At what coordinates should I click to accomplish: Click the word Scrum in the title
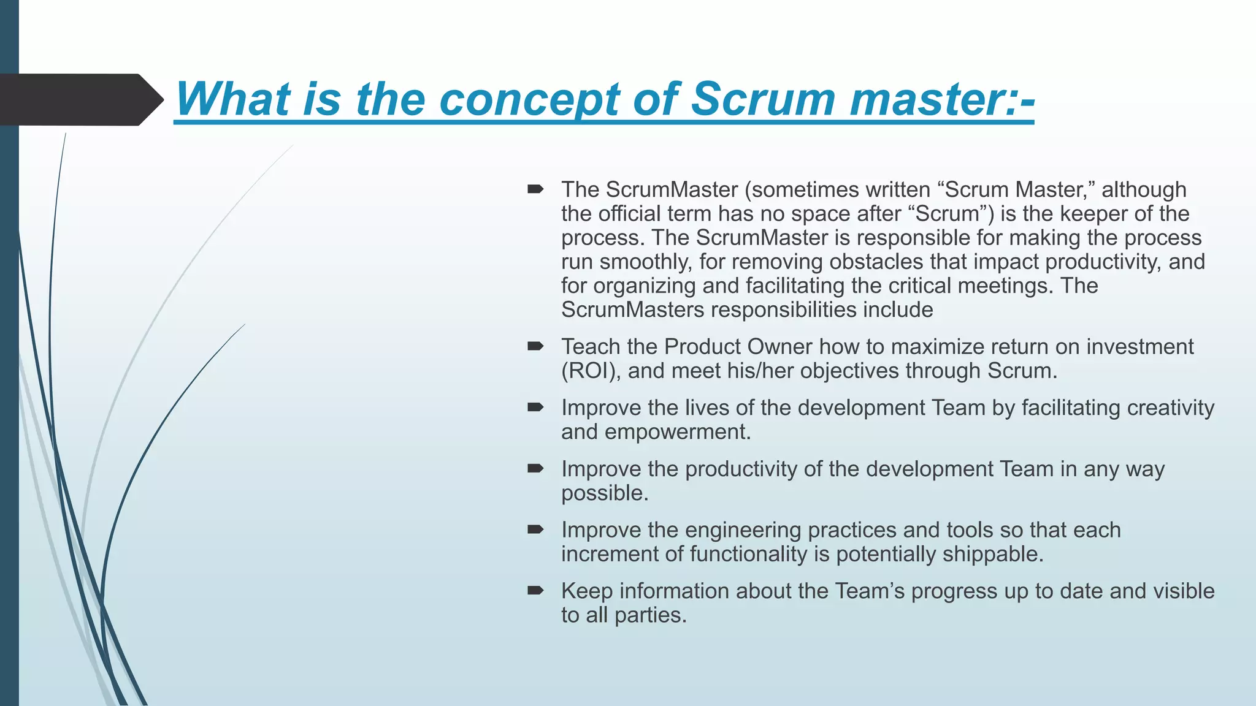point(762,99)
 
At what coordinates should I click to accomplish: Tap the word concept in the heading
point(529,99)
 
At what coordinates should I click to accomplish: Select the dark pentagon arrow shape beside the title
point(80,100)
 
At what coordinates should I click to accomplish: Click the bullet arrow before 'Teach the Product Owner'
point(535,347)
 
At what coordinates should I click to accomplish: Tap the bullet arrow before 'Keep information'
point(535,591)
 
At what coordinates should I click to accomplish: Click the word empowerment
point(677,432)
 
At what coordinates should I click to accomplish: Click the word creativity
point(1171,408)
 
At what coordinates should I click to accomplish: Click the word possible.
point(605,493)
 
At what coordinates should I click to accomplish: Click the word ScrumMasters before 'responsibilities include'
point(632,310)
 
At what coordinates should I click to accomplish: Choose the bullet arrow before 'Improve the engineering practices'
point(535,530)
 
